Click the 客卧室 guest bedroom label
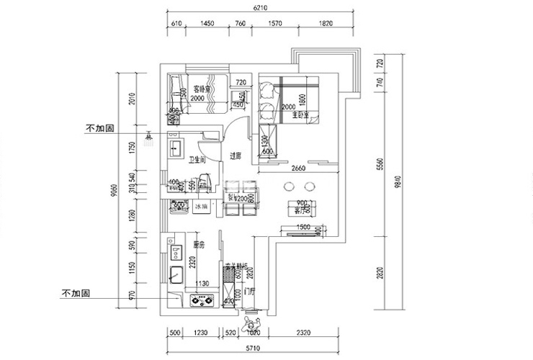pyautogui.click(x=192, y=89)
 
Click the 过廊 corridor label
pyautogui.click(x=234, y=156)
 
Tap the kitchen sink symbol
pyautogui.click(x=176, y=274)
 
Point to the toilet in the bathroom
pyautogui.click(x=204, y=182)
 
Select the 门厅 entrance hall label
pyautogui.click(x=250, y=292)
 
